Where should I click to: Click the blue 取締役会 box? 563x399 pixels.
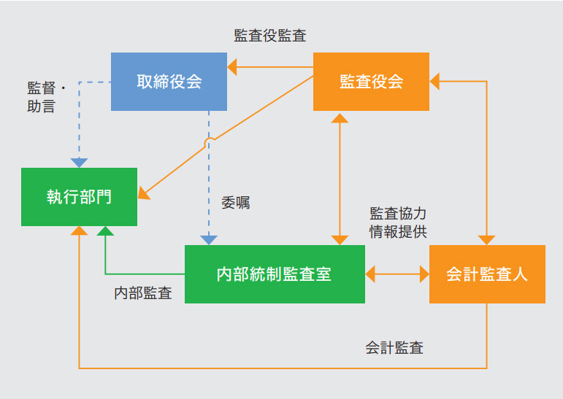169,81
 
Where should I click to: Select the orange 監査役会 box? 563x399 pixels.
371,81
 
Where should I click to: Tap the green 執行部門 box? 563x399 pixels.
79,196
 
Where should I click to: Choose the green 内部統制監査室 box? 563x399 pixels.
275,274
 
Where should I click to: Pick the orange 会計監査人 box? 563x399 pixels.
487,274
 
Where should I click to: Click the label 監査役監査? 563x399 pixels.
270,35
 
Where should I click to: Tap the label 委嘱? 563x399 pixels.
235,203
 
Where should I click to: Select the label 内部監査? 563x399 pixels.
143,293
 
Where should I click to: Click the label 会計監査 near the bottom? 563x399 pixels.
394,347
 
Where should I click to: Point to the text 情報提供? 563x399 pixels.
398,231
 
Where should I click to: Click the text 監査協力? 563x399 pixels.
398,214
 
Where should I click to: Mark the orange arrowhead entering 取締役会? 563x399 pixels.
232,68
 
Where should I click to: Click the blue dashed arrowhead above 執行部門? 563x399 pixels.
79,163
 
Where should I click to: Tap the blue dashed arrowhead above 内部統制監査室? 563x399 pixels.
210,239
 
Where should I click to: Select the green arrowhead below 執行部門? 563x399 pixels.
106,231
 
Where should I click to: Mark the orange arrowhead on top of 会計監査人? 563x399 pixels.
487,240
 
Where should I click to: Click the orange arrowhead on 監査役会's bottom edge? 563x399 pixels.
339,116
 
